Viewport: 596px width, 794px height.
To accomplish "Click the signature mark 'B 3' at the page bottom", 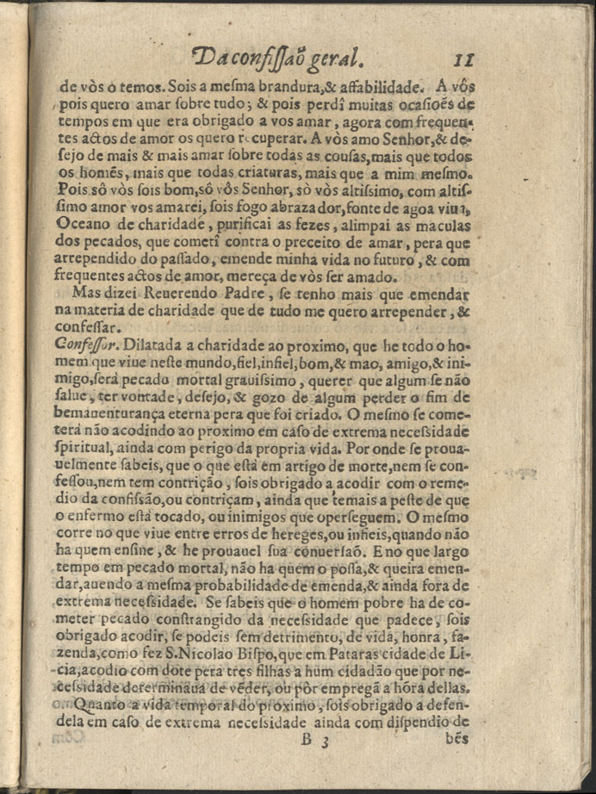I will point(314,738).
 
